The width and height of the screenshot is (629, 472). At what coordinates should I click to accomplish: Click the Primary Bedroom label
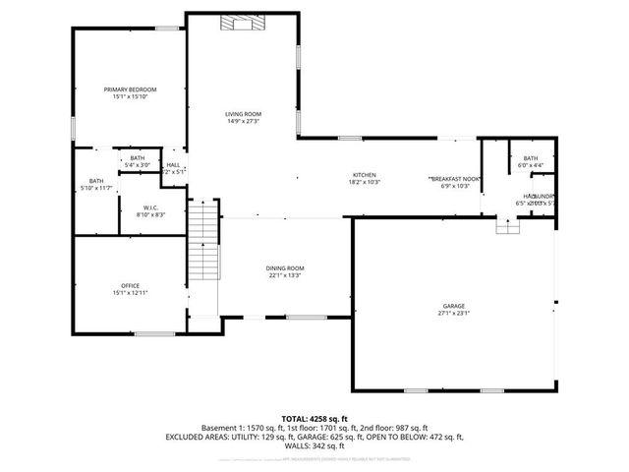click(x=130, y=89)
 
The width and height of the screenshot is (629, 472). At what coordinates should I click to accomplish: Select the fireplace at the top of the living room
click(x=239, y=25)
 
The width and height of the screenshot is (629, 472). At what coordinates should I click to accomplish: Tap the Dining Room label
click(x=285, y=268)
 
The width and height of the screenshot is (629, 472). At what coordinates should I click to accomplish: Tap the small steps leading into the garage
click(x=507, y=227)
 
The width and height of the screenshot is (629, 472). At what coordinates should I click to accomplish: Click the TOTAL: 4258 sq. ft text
click(x=314, y=419)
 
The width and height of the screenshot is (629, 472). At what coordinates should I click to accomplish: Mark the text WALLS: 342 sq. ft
click(x=314, y=445)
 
